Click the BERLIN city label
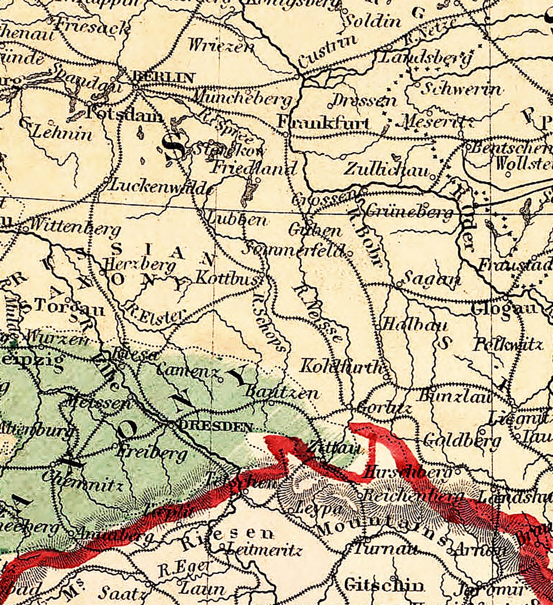click(x=163, y=77)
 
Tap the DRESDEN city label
click(x=216, y=427)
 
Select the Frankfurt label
click(x=324, y=123)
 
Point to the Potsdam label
click(x=125, y=116)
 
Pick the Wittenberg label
click(x=75, y=226)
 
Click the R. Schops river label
click(x=269, y=321)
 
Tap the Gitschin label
click(x=383, y=585)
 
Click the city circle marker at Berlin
click(x=135, y=86)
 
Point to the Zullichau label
click(x=387, y=169)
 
